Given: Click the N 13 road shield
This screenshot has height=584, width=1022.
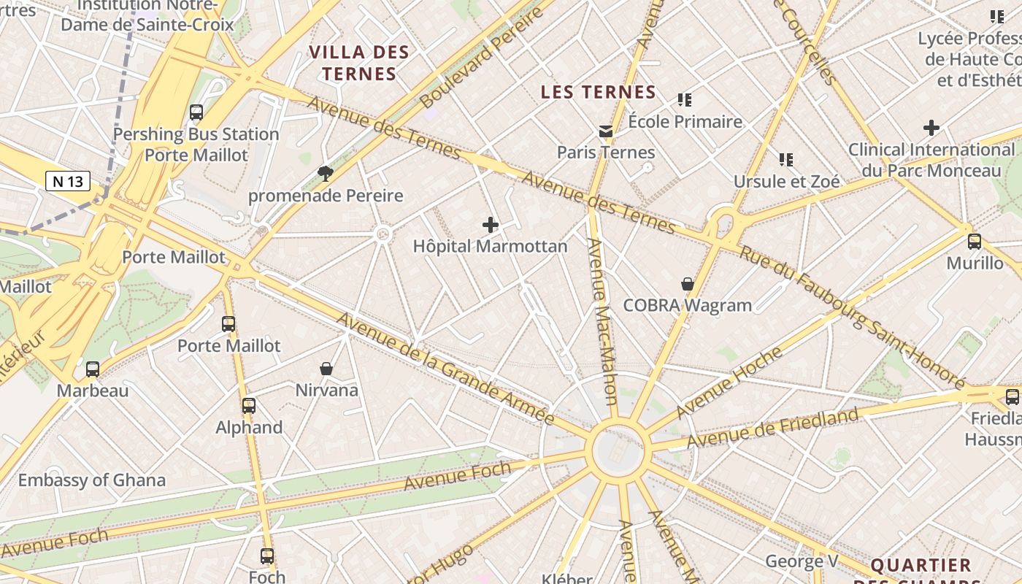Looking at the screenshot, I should point(68,181).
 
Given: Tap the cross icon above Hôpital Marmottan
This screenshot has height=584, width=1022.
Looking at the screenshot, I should point(491,225).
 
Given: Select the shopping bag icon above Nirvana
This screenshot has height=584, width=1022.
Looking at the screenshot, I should point(326,369).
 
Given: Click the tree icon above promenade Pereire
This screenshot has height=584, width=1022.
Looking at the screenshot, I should point(326,173).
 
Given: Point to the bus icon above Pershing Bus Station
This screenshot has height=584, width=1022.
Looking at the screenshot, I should point(196,112).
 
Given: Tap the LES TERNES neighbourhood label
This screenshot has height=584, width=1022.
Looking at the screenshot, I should point(598,92).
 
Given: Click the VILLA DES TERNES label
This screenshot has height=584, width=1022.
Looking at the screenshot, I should point(358,63).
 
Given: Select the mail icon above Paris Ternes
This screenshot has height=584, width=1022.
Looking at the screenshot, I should point(606,131).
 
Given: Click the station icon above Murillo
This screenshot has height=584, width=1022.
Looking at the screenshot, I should point(975,242).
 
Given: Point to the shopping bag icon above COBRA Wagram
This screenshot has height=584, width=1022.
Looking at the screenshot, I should point(687,284).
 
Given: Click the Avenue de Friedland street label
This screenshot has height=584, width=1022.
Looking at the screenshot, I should point(772,429).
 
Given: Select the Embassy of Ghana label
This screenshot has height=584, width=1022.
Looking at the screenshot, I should point(92,480).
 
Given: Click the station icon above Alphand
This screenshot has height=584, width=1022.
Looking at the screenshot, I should point(249,406).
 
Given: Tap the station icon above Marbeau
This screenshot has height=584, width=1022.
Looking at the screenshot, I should point(93,369).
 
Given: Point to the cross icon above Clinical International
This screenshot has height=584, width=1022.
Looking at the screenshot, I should point(931,128).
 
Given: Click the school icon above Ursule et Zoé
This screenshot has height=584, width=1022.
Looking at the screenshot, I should point(786,159).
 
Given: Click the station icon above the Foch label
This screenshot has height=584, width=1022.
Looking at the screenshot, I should point(267,556).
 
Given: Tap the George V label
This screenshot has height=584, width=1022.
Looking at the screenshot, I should point(802,561).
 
